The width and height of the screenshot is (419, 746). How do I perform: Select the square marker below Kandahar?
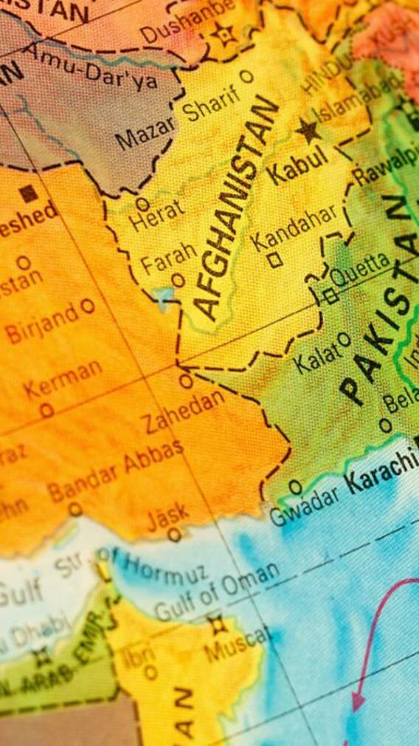[x=274, y=259]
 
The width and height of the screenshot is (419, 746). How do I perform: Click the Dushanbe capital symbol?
[x=221, y=34]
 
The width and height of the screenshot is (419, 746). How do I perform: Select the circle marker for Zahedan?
[x=186, y=380]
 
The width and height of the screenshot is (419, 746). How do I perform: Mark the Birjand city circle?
[x=88, y=304]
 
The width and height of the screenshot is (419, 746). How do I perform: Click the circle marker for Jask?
[x=175, y=534]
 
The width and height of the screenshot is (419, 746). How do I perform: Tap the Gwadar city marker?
[x=295, y=487]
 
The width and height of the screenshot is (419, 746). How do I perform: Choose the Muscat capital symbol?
[x=216, y=625]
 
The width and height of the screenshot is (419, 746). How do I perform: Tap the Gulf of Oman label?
[x=217, y=592]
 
